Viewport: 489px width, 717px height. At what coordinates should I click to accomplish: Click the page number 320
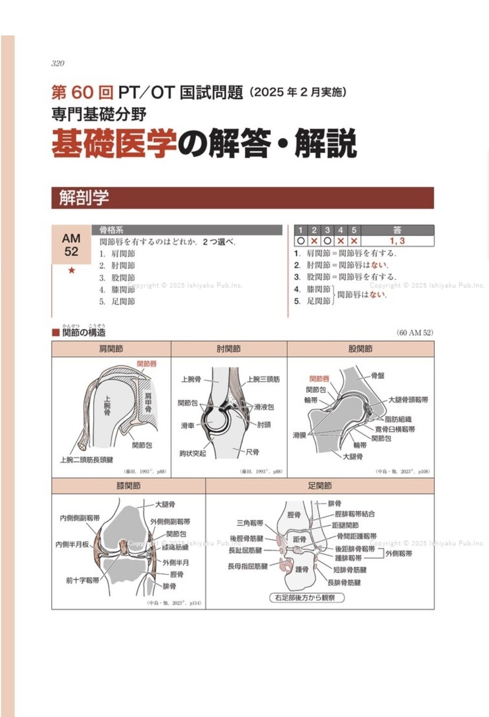(58, 63)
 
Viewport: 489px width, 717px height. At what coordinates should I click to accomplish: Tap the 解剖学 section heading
(84, 198)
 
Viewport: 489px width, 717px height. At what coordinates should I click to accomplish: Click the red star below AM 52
(72, 270)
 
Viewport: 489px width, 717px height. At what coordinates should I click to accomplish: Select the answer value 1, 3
(397, 241)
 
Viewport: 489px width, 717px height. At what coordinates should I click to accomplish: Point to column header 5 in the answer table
(354, 230)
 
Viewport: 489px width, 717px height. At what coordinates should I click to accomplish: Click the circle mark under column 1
(301, 241)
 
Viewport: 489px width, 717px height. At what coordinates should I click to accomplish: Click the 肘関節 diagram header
(228, 349)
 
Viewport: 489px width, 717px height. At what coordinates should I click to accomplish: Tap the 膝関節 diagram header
(128, 486)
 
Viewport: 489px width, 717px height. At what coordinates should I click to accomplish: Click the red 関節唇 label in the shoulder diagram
(147, 364)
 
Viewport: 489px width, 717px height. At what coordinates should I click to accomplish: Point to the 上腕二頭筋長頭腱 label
(86, 460)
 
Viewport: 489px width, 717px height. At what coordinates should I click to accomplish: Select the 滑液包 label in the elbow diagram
(264, 407)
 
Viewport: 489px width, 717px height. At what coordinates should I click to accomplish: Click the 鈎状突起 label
(192, 453)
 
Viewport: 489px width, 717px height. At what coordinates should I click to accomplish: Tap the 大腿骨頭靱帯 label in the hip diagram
(408, 400)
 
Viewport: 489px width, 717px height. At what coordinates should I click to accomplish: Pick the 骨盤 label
(377, 376)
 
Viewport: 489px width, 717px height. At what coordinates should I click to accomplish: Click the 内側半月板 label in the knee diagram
(72, 544)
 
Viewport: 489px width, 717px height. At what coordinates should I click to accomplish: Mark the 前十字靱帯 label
(82, 580)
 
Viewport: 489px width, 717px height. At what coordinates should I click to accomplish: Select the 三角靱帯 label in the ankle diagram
(250, 523)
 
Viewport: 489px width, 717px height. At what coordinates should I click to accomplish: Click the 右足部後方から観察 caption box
(306, 598)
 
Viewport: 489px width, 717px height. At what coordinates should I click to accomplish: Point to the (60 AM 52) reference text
(414, 333)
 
